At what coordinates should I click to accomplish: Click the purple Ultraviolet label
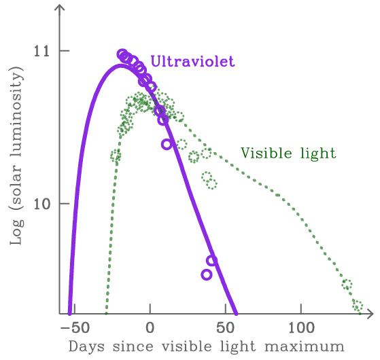coord(192,62)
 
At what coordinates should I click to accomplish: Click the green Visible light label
coord(288,154)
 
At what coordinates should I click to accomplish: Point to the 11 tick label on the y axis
coord(44,52)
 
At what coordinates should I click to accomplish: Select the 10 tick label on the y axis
coord(44,204)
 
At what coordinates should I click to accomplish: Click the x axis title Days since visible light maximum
coord(206,346)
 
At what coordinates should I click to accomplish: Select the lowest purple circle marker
coord(207,274)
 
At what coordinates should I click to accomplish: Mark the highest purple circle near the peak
coord(122,54)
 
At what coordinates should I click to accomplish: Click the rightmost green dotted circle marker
coord(358,305)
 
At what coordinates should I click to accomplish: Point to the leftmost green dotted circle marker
coord(116,156)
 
